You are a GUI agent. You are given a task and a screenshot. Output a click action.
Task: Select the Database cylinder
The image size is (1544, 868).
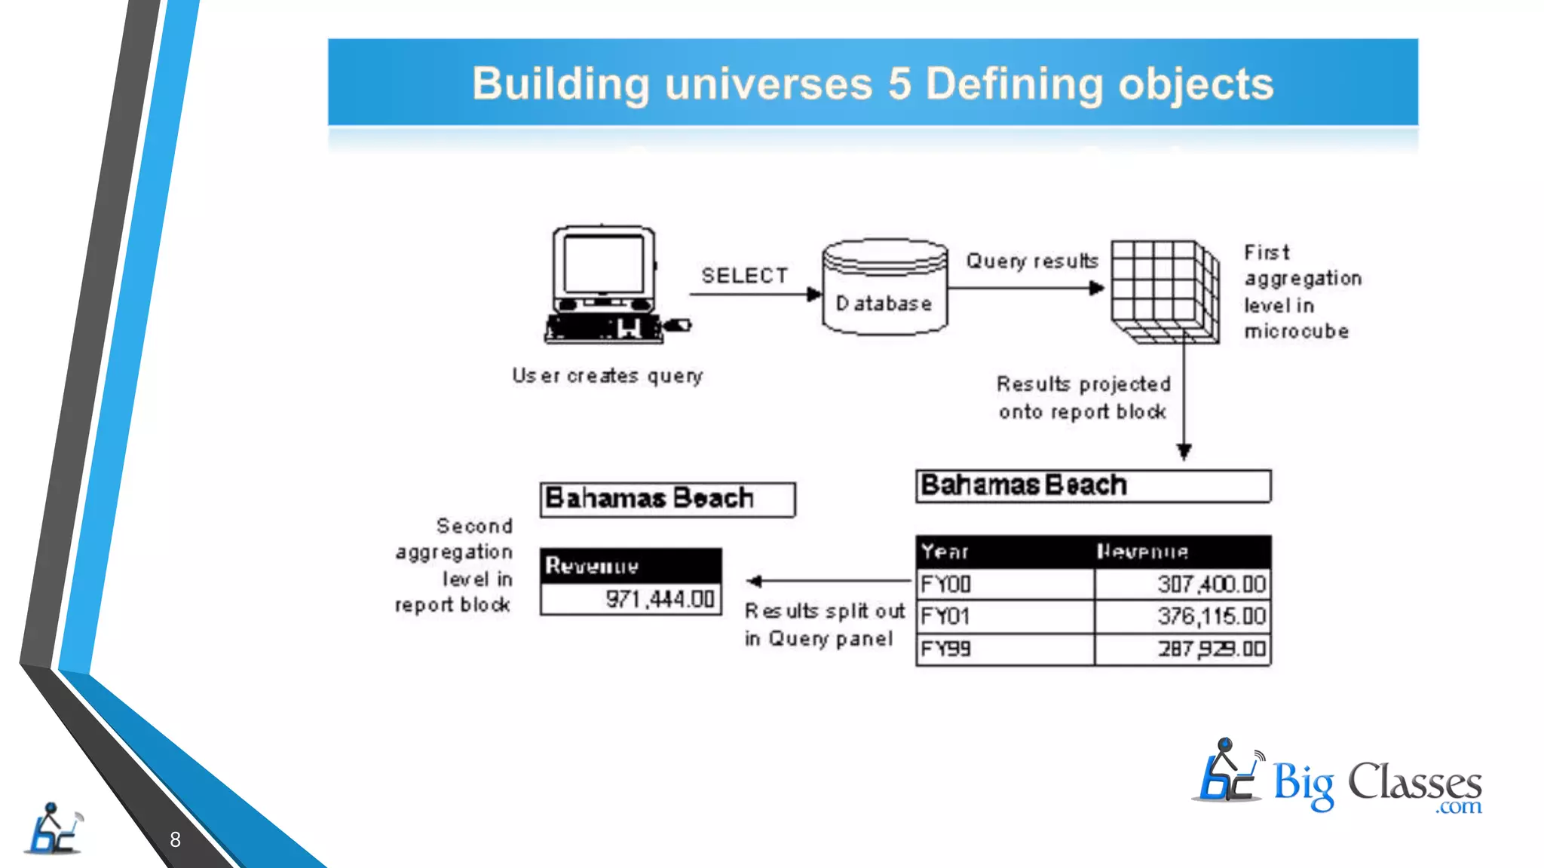(884, 287)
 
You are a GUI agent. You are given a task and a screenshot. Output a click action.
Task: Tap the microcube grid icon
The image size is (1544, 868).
(1165, 292)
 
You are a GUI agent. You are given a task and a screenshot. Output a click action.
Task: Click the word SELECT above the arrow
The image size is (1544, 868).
(745, 276)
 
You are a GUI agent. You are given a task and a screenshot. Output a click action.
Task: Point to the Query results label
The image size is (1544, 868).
(1032, 261)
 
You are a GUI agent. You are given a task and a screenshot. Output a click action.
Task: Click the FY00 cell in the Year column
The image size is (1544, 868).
(946, 584)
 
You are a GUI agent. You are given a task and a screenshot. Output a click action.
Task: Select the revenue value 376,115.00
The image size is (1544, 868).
(1212, 616)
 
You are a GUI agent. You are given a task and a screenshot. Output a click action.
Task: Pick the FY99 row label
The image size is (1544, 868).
(946, 649)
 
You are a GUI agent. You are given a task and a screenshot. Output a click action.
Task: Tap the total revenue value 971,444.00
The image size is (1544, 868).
(660, 600)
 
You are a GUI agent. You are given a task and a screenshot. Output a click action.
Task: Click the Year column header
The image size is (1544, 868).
(945, 552)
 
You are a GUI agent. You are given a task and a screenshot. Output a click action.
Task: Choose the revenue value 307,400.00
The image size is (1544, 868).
(1212, 584)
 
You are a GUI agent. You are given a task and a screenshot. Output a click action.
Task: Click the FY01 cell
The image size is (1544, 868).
(945, 616)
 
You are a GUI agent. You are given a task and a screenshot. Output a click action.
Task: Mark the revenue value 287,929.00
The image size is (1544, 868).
(1212, 649)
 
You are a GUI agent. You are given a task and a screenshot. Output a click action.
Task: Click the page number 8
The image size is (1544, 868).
(175, 839)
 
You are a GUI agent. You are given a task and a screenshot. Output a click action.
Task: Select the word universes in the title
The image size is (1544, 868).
(768, 83)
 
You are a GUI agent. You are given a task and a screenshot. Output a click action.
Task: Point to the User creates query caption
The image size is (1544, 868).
(608, 375)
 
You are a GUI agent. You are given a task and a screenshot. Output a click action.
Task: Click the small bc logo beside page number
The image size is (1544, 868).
(53, 829)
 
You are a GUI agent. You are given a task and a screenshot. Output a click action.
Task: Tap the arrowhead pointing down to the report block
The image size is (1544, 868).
(1184, 451)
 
